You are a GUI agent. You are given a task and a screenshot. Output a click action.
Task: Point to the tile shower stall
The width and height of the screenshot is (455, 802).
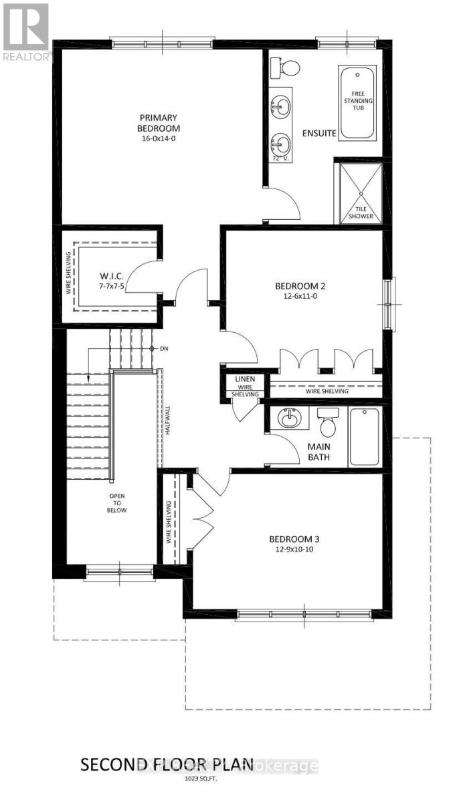358,192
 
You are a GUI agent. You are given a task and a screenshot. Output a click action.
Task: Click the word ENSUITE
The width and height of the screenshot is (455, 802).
318,133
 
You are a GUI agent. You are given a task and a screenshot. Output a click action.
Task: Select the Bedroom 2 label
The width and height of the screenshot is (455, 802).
300,287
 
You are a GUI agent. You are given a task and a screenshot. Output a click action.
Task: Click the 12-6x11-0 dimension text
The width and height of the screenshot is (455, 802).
300,298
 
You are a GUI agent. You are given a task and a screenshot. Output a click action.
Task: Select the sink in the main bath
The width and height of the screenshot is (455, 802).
290,420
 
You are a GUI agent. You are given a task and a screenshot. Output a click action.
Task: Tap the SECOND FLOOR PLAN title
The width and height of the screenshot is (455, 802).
167,764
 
